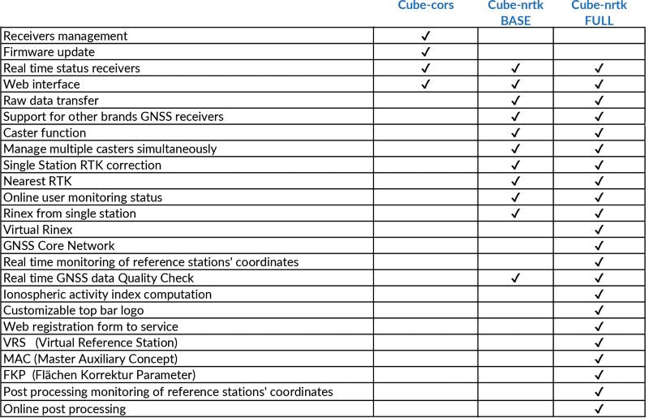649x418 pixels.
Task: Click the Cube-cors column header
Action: click(425, 6)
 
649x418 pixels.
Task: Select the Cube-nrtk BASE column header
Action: click(515, 13)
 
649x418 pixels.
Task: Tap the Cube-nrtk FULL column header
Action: click(599, 13)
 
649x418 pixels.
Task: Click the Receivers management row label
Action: click(66, 36)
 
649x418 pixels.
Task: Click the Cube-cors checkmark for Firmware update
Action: click(426, 52)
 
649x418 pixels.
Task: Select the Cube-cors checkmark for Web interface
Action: click(426, 84)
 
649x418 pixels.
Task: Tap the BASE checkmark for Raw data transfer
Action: click(515, 101)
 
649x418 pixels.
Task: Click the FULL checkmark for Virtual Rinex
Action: click(600, 230)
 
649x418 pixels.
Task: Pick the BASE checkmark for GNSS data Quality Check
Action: click(515, 278)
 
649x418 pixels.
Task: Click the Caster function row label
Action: click(45, 133)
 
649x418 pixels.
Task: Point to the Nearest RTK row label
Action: click(37, 181)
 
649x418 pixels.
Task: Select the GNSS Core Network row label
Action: click(59, 246)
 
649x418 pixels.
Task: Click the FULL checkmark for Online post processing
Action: click(600, 408)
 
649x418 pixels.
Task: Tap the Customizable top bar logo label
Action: click(79, 311)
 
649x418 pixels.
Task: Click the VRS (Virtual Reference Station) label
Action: click(90, 343)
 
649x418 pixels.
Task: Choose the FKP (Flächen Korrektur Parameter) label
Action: click(100, 376)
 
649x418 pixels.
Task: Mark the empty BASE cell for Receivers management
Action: click(515, 36)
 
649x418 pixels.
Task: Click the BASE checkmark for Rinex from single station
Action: click(515, 213)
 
